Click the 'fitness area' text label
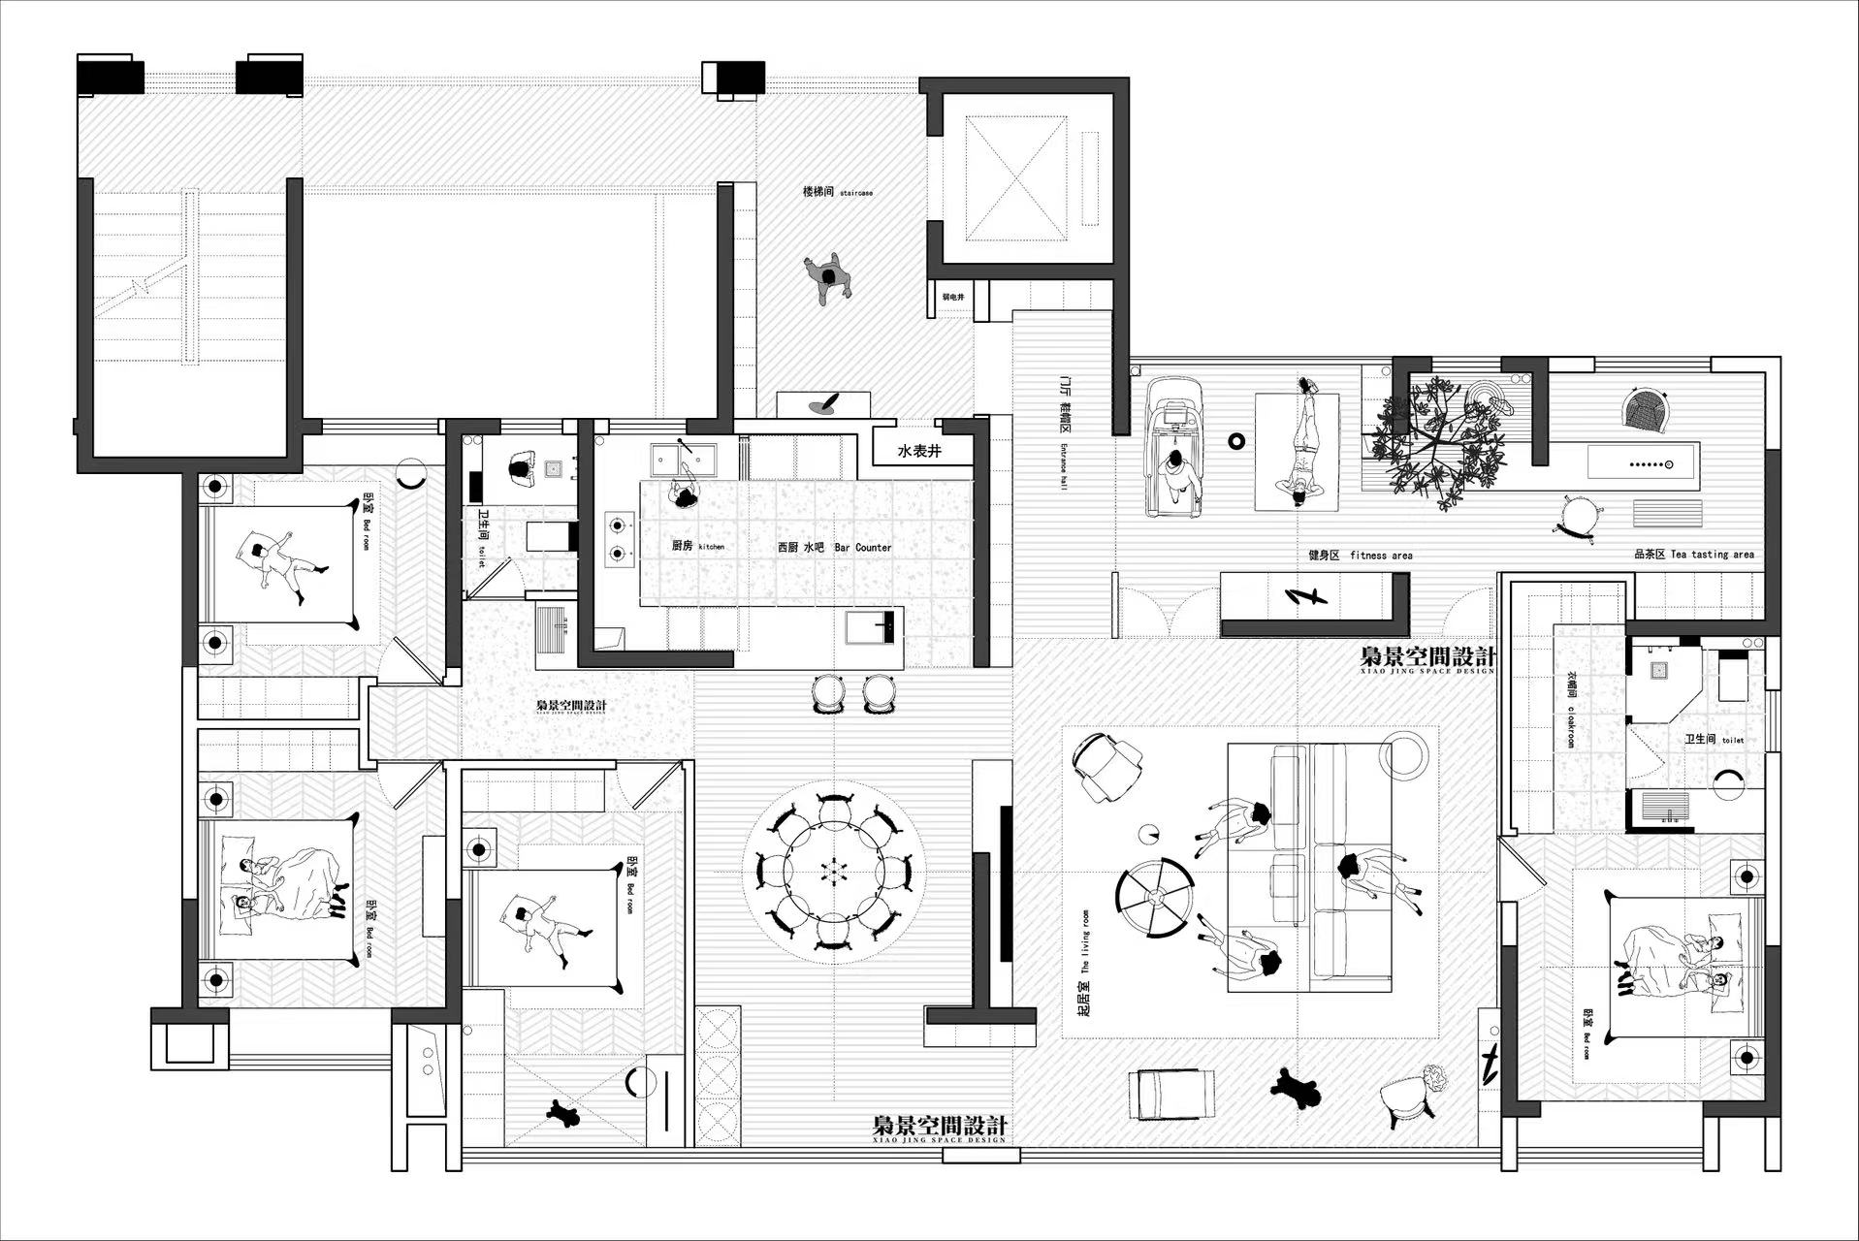pyautogui.click(x=1381, y=556)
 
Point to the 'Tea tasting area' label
pyautogui.click(x=1713, y=555)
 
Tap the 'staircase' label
pyautogui.click(x=856, y=193)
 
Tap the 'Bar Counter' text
pyautogui.click(x=862, y=548)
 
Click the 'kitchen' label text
pyautogui.click(x=711, y=547)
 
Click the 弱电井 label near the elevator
pyautogui.click(x=953, y=297)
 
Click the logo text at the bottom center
pyautogui.click(x=939, y=1127)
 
